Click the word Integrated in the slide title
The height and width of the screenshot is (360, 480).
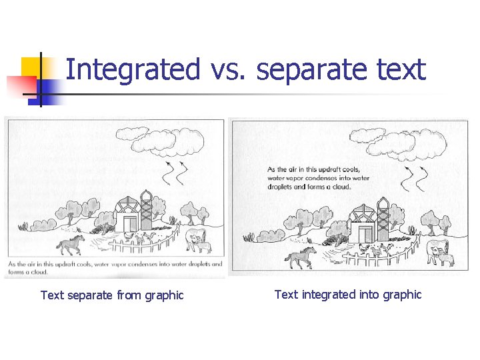click(x=133, y=70)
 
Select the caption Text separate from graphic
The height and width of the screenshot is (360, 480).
click(x=112, y=295)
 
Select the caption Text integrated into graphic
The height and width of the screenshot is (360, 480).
click(x=348, y=295)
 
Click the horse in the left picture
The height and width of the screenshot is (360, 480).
click(x=71, y=244)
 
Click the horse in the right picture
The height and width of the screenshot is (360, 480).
click(x=301, y=256)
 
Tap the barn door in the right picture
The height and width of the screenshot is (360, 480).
click(x=365, y=233)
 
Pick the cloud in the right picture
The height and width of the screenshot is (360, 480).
click(x=400, y=139)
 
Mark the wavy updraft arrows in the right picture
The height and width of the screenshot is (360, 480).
click(x=413, y=179)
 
